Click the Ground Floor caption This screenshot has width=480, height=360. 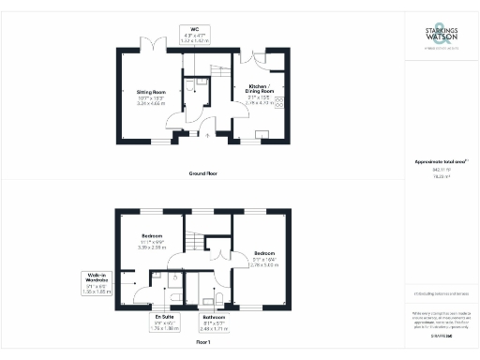coord(204,173)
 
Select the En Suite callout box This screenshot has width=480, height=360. coord(165,322)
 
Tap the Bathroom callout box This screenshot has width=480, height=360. coord(215,323)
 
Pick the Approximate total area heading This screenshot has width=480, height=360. coord(440,161)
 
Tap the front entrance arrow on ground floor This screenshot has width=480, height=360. coord(208,135)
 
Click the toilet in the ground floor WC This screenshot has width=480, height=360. coord(190,85)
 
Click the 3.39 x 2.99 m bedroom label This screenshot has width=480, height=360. coord(153,242)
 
